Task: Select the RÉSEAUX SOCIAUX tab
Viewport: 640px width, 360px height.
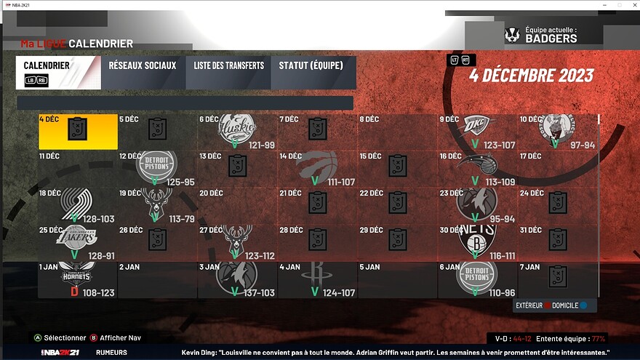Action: coord(143,65)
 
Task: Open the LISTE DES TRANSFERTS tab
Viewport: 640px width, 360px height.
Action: coord(228,65)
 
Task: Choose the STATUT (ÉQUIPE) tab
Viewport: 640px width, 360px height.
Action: coord(311,65)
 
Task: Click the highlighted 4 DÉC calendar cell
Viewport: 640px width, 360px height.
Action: coord(78,131)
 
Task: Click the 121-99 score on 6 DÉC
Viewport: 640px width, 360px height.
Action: coord(261,145)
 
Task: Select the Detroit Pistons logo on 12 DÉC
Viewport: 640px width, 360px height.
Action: coord(157,164)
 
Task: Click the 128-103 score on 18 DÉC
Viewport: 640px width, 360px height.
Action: coord(99,219)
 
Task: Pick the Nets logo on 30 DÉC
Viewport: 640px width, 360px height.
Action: coord(476,239)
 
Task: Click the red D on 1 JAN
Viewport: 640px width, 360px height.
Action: coord(73,292)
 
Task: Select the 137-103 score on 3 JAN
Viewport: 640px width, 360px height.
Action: coord(260,292)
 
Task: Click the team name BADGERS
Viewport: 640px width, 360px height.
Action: coord(552,39)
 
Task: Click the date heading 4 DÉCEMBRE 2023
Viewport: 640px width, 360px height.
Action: coord(531,76)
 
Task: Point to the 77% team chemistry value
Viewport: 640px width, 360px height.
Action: coord(599,339)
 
